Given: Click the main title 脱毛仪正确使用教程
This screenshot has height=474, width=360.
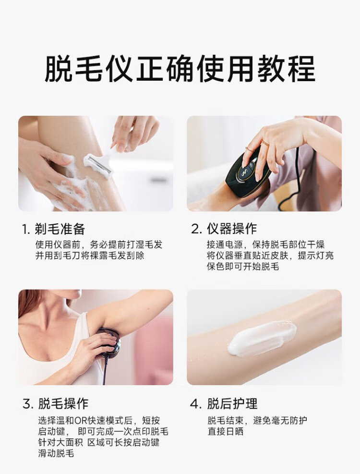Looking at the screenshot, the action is coord(180,69).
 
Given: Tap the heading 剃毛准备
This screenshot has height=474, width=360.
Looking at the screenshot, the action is coord(60,229).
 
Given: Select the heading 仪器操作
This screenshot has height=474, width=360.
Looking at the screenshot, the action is coord(232,229).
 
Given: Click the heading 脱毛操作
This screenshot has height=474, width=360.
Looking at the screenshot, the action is coord(63,403).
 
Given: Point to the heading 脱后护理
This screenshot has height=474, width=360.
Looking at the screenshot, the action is coord(232,403).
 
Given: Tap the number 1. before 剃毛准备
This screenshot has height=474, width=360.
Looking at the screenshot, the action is coord(26,230).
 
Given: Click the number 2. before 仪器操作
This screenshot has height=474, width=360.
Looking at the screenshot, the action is coord(196,229).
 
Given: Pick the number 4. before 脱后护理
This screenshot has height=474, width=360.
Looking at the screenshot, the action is coord(196,404).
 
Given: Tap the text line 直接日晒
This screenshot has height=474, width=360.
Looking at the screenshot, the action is coord(225,431).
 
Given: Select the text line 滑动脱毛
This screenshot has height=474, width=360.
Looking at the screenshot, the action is coord(56,453).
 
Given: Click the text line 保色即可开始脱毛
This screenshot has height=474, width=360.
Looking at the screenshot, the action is coord(243,267).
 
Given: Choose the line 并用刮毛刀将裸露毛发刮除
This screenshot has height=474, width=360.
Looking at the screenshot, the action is coord(90,255).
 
